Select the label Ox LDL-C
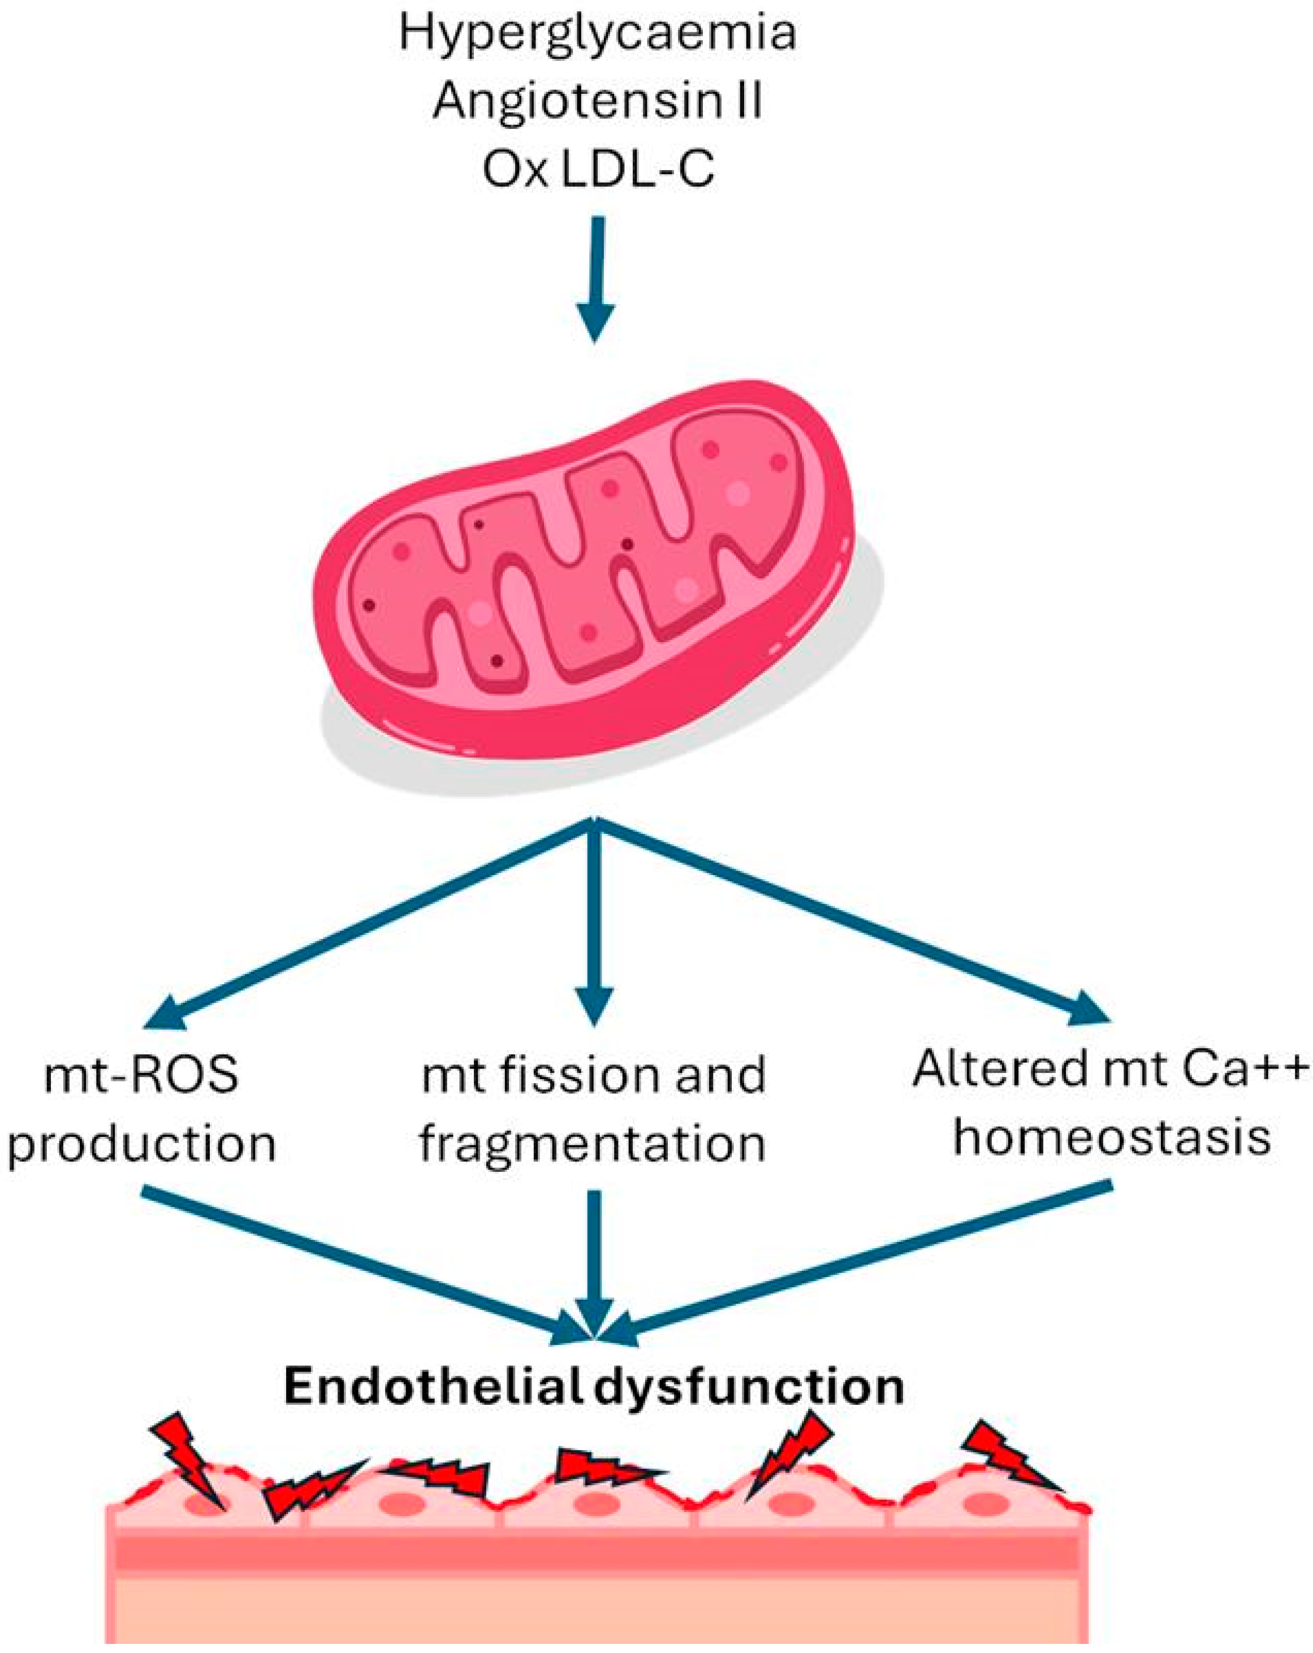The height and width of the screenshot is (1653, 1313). [598, 170]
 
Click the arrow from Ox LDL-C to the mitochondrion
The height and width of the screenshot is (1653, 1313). [597, 276]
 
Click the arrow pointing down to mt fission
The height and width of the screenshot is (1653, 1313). [594, 920]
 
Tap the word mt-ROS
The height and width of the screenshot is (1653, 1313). [142, 1075]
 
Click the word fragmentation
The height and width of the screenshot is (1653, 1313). [592, 1143]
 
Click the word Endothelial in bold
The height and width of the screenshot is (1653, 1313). [437, 1388]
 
